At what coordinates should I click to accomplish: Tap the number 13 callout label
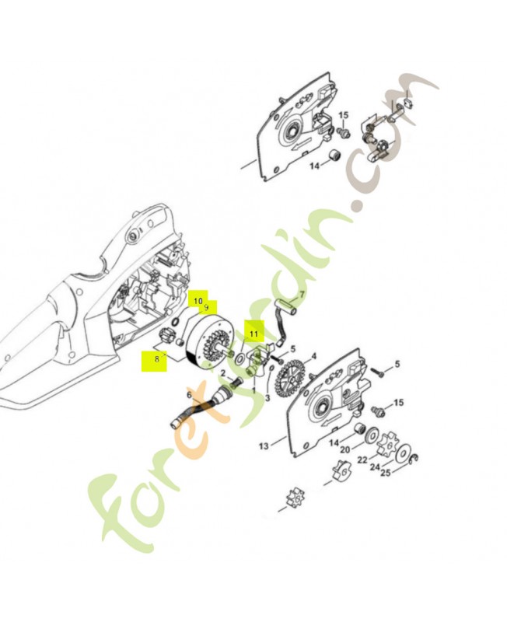click(264, 446)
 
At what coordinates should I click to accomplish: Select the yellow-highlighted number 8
click(157, 359)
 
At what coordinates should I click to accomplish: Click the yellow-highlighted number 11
click(254, 334)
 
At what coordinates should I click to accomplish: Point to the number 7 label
click(302, 295)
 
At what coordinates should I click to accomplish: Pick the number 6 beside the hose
click(189, 395)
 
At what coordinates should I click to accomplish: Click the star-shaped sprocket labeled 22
click(385, 444)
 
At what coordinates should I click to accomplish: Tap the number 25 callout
click(385, 473)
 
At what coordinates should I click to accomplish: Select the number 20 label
click(345, 450)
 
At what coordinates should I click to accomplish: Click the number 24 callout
click(375, 467)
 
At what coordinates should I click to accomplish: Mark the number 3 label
click(267, 397)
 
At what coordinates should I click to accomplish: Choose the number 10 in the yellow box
click(198, 302)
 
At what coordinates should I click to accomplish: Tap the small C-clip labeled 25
click(414, 459)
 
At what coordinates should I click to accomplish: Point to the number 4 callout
click(314, 356)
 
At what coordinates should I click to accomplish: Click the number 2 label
click(223, 373)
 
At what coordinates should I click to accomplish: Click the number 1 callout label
click(254, 391)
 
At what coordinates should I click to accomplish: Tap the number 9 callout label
click(206, 307)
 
